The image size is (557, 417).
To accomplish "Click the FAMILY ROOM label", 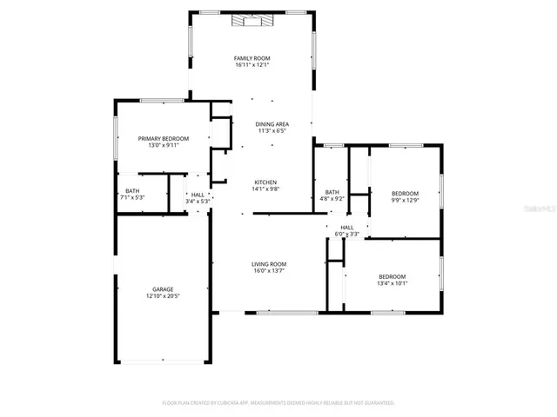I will point(252,57).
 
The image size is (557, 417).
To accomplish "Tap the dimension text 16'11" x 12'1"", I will point(252,65).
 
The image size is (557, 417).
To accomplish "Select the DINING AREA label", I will point(272,124).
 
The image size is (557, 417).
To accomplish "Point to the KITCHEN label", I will point(265,182).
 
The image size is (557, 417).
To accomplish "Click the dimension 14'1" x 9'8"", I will point(265,189).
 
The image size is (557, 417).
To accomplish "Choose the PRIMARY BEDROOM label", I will point(164,138).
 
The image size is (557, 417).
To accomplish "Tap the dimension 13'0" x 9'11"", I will point(164,146).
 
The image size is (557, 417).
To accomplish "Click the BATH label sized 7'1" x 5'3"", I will point(132,190).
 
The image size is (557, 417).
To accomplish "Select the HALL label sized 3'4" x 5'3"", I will point(198,195).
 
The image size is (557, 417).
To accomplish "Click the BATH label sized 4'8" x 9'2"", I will point(332,191).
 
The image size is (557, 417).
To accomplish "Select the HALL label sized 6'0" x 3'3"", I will point(347,227).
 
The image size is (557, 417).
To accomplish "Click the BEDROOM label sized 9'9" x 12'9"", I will point(405,193).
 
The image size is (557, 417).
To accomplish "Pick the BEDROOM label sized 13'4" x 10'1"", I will point(393,276).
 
